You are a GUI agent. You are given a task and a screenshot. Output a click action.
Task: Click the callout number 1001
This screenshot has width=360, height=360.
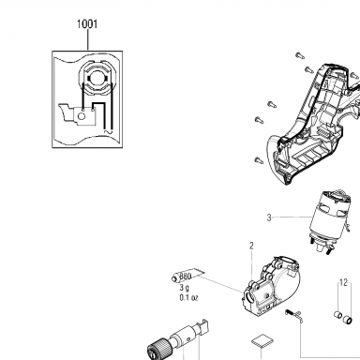click(87, 24)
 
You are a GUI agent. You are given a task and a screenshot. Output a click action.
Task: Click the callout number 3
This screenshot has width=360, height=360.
click(269, 217)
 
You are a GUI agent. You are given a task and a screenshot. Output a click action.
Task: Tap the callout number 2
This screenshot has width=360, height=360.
click(251, 246)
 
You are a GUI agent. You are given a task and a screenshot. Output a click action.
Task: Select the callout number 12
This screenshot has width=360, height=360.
click(343, 283)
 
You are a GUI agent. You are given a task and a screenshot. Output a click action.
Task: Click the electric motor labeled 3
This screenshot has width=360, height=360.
click(330, 220)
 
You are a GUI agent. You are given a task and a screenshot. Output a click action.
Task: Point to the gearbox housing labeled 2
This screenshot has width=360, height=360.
click(271, 287)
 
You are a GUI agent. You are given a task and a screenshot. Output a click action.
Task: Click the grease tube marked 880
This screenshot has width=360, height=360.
click(187, 276)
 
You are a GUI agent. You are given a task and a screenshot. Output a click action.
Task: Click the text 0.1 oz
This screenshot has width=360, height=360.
click(188, 298)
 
